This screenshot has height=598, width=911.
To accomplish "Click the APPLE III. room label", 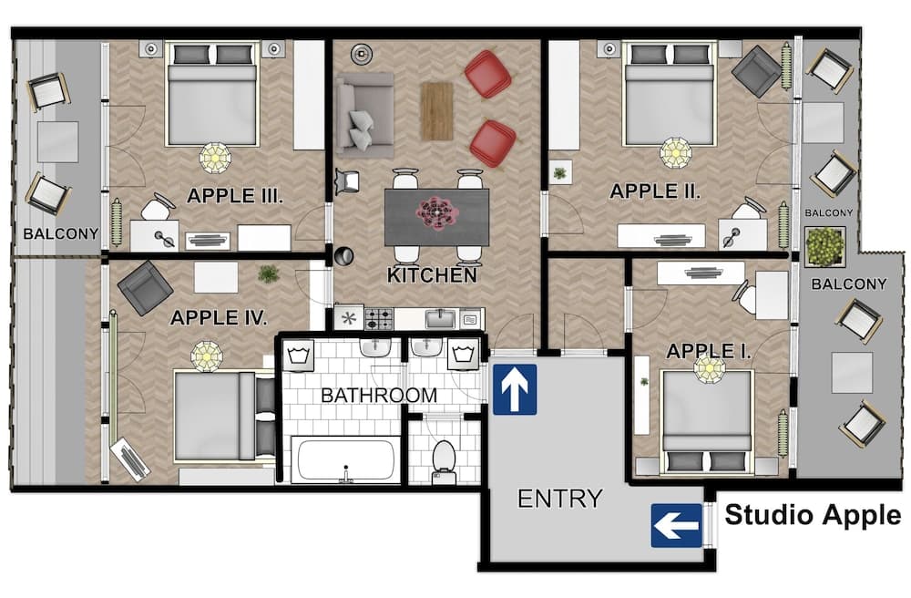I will click(x=236, y=195).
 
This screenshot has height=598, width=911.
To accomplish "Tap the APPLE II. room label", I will click(x=654, y=191).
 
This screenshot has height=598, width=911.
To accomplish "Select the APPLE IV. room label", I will click(x=219, y=318).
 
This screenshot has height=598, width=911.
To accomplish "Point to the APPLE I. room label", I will click(x=709, y=351).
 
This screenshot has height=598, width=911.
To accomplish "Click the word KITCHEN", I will click(x=432, y=274).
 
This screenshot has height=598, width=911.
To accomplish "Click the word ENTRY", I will click(x=559, y=499).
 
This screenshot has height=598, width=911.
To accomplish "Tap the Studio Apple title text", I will click(x=812, y=515).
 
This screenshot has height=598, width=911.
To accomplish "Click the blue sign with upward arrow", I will click(x=515, y=389).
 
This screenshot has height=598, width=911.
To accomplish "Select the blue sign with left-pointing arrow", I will click(x=676, y=526).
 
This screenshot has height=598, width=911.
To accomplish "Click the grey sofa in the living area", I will click(x=363, y=114).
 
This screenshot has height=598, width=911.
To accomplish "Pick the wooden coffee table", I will click(x=436, y=111).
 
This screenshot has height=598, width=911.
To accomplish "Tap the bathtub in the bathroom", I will click(x=343, y=459).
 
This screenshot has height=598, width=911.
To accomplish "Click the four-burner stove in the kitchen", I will click(x=379, y=318).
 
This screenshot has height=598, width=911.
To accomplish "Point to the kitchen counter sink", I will click(x=440, y=317).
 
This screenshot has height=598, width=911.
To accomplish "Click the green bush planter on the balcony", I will click(x=825, y=246).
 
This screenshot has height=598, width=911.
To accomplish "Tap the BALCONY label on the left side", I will click(x=61, y=233).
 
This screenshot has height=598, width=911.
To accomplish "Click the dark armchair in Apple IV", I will click(x=144, y=287).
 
